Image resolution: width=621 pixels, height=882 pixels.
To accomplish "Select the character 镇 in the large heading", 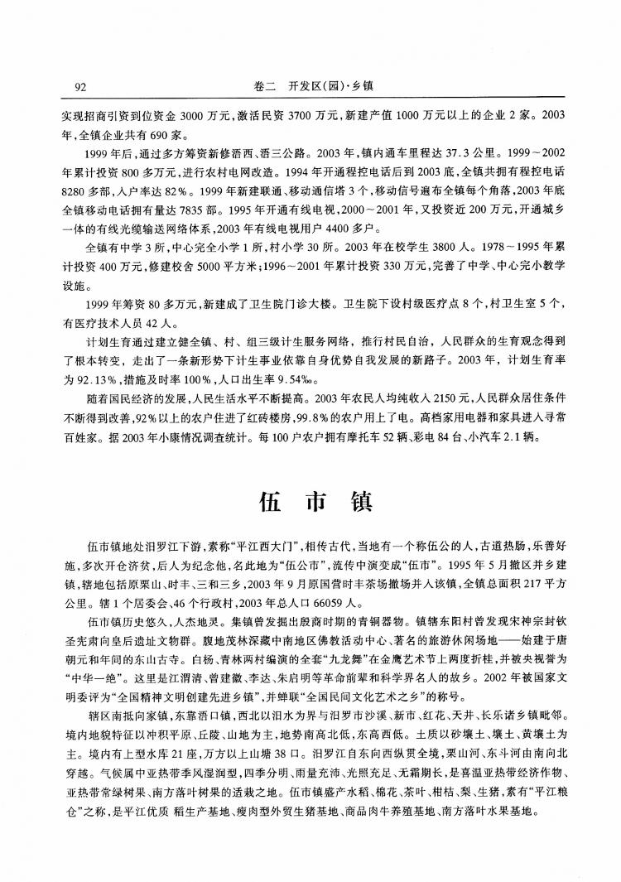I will (362, 503).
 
